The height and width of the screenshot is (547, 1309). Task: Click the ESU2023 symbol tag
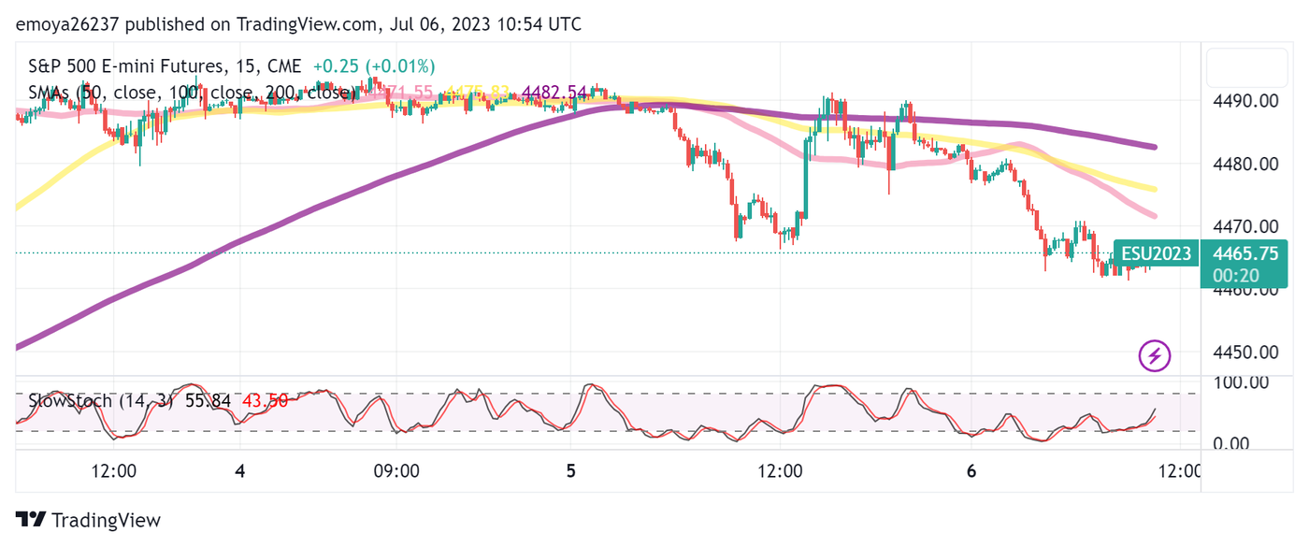[x=1156, y=253]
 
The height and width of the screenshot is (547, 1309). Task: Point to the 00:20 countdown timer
[x=1235, y=276]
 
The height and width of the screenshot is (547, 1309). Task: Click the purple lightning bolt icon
[x=1155, y=355]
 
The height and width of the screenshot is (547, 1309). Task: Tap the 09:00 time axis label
[x=396, y=471]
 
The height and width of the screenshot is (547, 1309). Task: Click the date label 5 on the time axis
[x=571, y=471]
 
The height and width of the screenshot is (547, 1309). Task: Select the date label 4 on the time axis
[x=240, y=471]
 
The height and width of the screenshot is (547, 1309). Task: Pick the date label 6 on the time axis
[x=971, y=471]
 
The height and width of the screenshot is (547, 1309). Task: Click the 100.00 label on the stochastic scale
[x=1242, y=381]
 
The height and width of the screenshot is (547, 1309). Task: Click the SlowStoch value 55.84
[x=208, y=401]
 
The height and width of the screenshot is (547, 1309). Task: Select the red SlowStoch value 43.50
[x=265, y=401]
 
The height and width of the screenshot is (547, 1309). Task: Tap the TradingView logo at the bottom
[x=89, y=521]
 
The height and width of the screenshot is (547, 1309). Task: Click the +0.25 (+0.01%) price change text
[x=374, y=66]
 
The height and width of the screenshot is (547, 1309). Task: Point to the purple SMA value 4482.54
[x=554, y=93]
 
